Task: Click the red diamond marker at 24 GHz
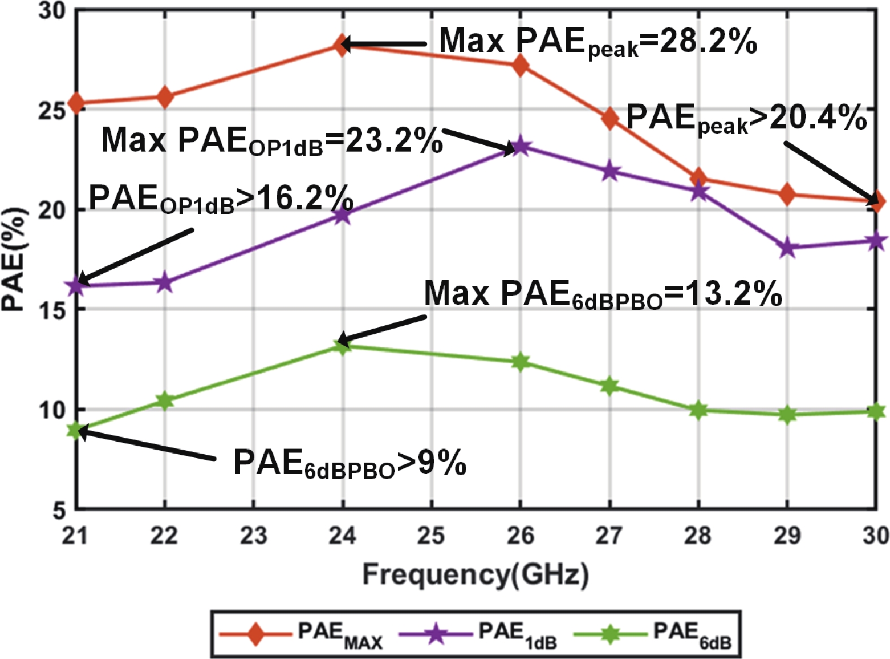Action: [x=341, y=45]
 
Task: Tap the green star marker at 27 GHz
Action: [x=609, y=386]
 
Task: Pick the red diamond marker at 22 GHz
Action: [x=164, y=97]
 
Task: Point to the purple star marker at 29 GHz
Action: [x=787, y=248]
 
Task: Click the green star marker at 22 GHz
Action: [x=164, y=401]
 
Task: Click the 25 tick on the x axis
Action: [x=431, y=535]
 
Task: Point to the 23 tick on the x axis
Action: [x=253, y=535]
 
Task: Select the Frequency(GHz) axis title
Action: [x=475, y=575]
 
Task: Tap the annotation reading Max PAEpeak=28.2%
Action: [x=598, y=42]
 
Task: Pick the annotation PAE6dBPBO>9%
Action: [x=350, y=463]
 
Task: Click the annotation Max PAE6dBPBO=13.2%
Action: [x=602, y=295]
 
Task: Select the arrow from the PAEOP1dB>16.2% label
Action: [x=136, y=255]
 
